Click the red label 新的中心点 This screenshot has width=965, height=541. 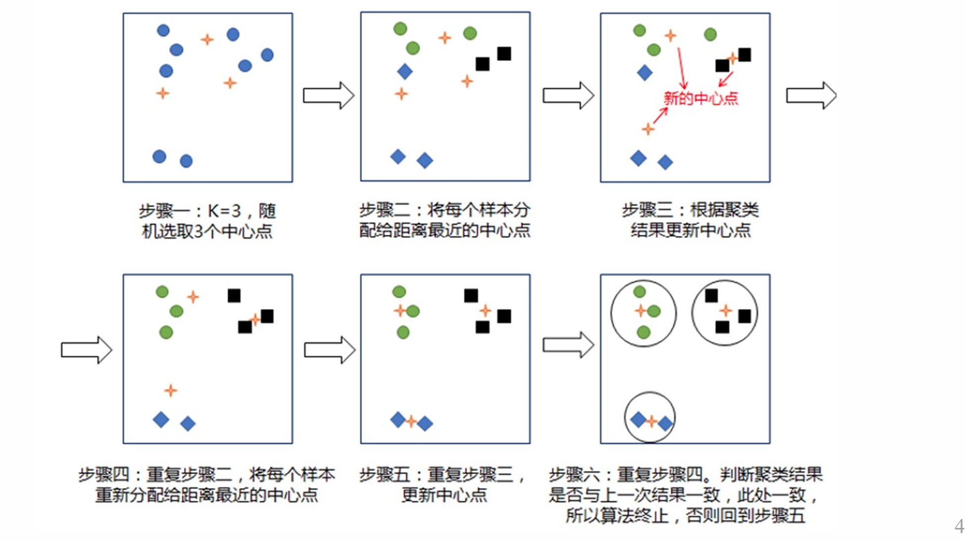point(700,98)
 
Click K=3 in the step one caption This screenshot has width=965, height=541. point(224,211)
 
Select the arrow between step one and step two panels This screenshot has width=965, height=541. point(328,95)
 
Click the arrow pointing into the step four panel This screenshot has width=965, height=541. point(86,350)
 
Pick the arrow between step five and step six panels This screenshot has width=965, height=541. point(568,345)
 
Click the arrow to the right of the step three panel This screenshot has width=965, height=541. point(811,95)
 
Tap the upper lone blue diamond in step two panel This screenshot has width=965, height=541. point(405,72)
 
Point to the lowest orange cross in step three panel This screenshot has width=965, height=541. point(647,129)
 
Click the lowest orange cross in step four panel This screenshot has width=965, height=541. point(170,390)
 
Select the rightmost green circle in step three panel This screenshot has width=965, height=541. point(710,34)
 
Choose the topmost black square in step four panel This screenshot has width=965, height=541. point(234,296)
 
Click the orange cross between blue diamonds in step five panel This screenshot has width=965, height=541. point(411,422)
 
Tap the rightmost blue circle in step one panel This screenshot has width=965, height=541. point(267,54)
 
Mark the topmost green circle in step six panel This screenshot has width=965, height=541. point(640,292)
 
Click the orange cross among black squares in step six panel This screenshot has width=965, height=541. point(725,311)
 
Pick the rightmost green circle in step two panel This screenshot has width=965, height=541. point(470,33)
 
